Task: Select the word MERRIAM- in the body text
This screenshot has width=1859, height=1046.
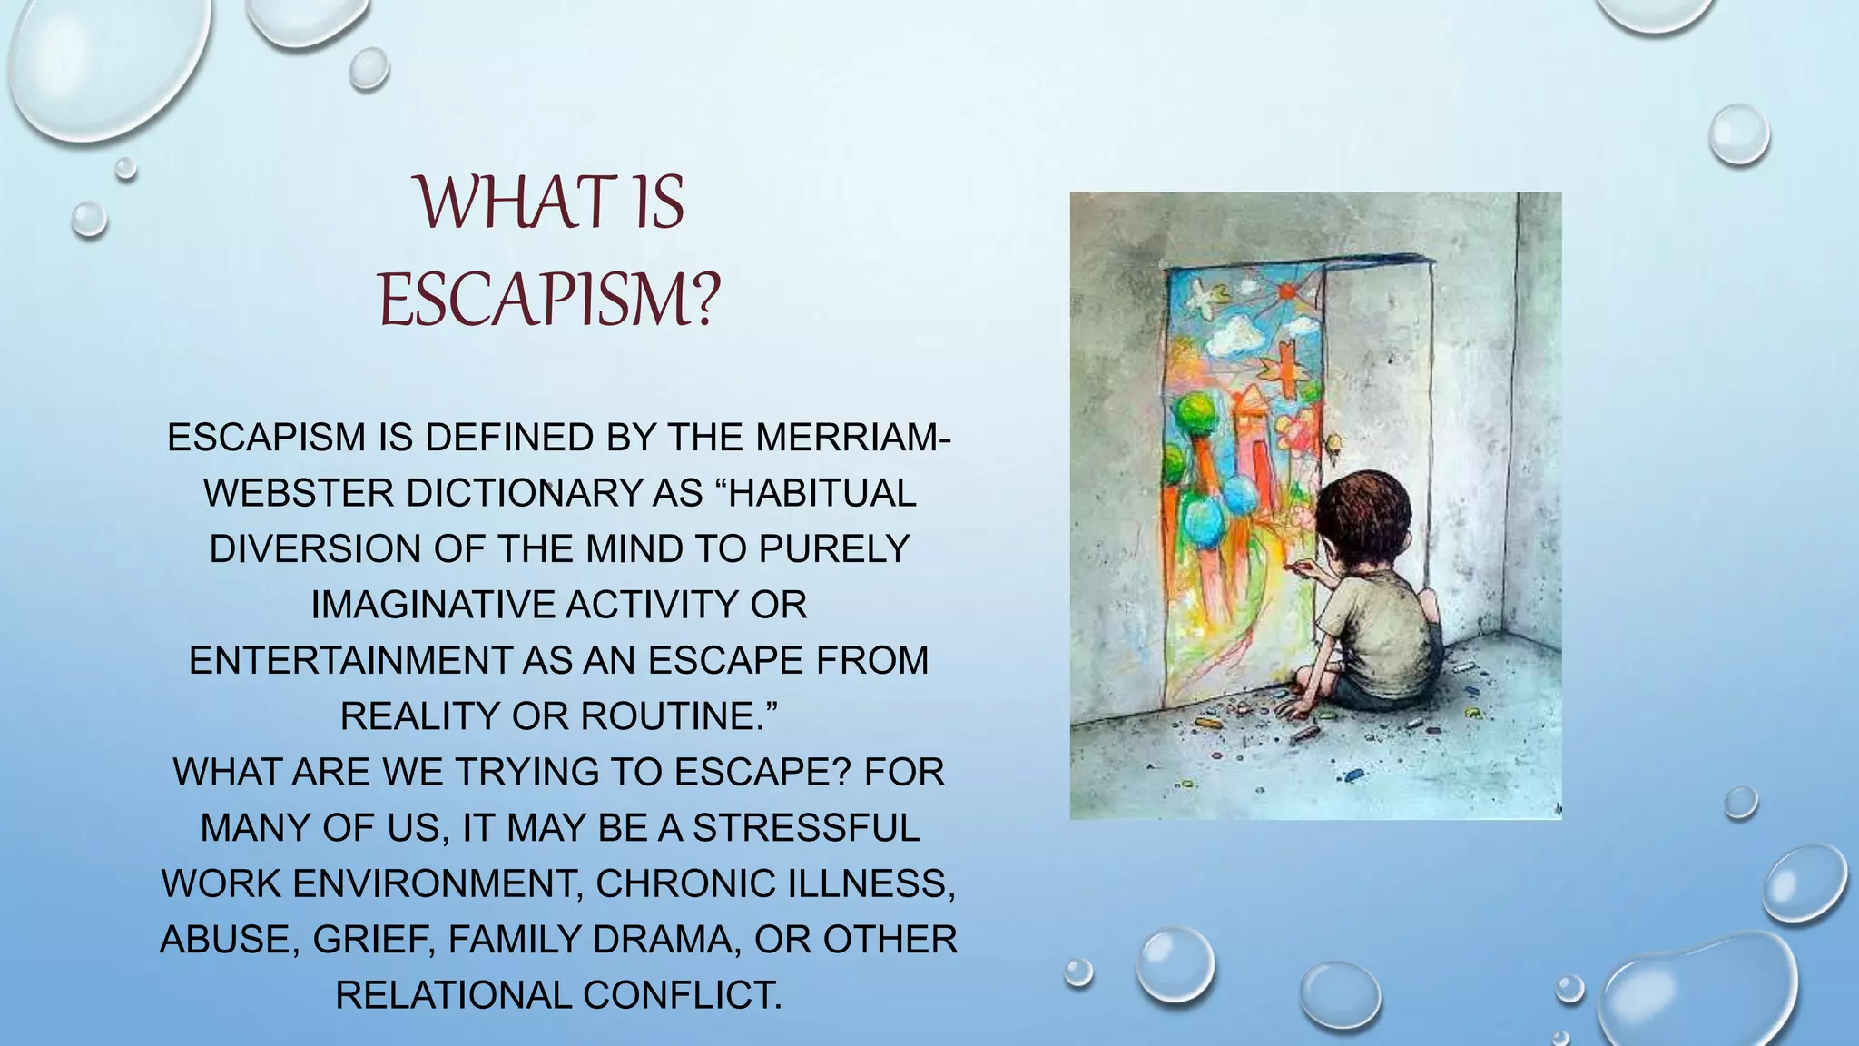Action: [852, 438]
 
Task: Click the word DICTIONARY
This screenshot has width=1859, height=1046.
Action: [523, 493]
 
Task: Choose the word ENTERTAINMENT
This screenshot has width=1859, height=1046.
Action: [349, 660]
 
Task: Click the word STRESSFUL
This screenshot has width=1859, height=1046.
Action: [806, 828]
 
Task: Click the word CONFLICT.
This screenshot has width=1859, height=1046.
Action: [683, 995]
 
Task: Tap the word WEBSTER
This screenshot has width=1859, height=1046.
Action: [299, 493]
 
